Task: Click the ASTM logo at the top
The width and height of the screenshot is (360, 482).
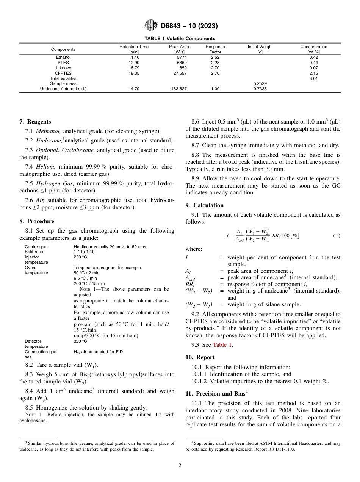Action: pyautogui.click(x=151, y=26)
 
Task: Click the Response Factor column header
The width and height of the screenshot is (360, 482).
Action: pyautogui.click(x=215, y=49)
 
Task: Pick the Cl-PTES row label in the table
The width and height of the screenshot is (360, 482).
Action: pyautogui.click(x=63, y=73)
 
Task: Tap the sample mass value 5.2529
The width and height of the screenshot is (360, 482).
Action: pyautogui.click(x=260, y=83)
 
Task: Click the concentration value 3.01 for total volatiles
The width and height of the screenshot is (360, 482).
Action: pyautogui.click(x=313, y=78)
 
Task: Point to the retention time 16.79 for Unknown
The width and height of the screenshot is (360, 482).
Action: pyautogui.click(x=134, y=68)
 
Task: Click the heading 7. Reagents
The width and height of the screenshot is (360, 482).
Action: pyautogui.click(x=35, y=122)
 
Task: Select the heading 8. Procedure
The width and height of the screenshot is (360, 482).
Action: pyautogui.click(x=37, y=221)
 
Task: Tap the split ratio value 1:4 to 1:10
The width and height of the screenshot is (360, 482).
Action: pyautogui.click(x=84, y=252)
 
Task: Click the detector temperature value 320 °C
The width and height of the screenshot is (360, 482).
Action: pyautogui.click(x=80, y=341)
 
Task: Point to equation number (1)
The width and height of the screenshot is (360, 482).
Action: pyautogui.click(x=337, y=236)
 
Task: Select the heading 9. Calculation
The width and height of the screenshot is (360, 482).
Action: pyautogui.click(x=205, y=205)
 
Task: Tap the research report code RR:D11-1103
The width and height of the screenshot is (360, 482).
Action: pyautogui.click(x=280, y=449)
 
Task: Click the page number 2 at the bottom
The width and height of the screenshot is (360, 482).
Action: pyautogui.click(x=180, y=466)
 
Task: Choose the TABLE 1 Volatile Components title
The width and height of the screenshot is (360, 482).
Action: pyautogui.click(x=180, y=38)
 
